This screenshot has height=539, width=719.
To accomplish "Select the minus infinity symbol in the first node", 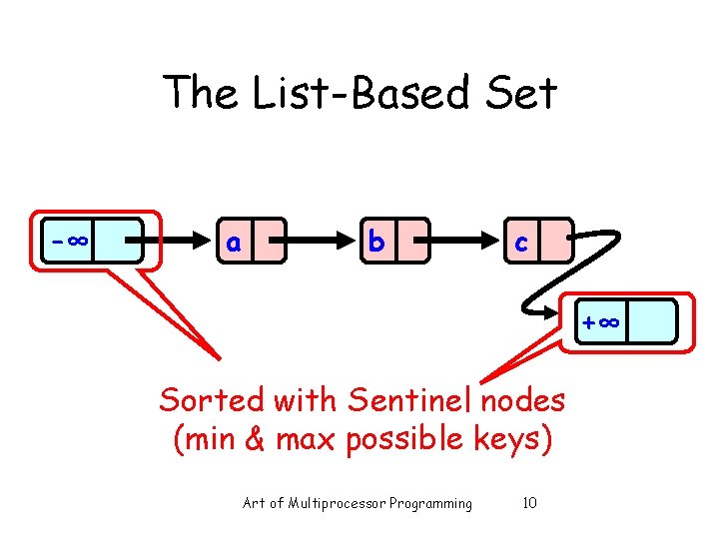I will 69,241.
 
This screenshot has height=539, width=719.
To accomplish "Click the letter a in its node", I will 233,243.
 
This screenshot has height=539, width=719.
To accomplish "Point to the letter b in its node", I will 376,243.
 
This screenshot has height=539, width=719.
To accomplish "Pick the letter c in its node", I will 519,243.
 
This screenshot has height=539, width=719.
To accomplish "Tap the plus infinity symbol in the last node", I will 602,322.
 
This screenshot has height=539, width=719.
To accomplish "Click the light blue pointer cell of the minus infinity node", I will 118,241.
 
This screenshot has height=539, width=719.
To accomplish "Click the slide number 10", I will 529,503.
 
